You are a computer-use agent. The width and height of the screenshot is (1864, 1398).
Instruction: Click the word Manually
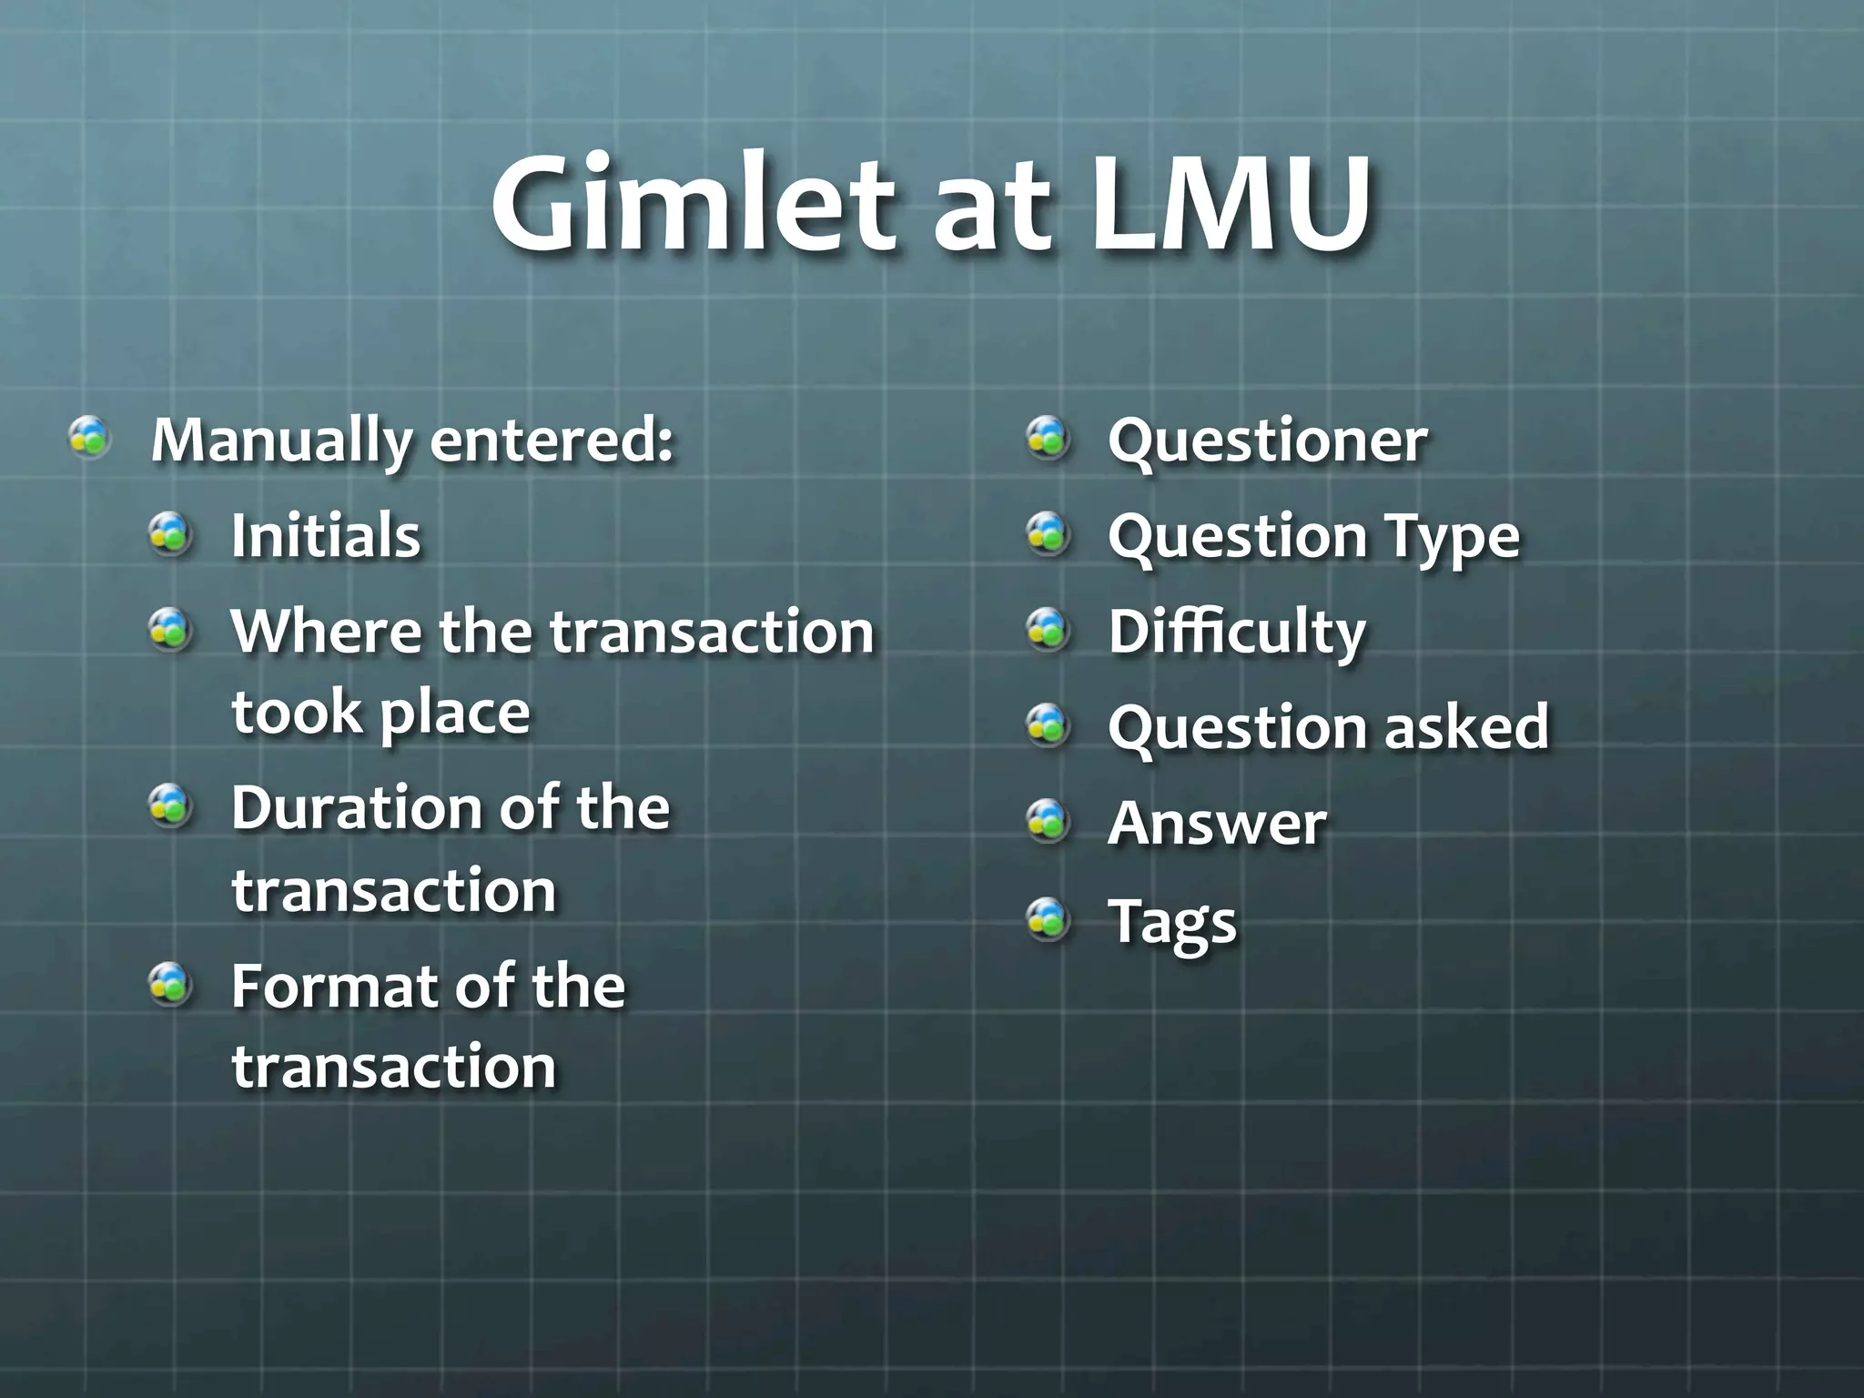point(282,441)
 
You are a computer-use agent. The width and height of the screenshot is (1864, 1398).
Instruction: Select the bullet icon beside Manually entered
point(90,438)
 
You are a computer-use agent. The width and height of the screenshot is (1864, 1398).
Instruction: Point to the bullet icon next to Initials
point(170,533)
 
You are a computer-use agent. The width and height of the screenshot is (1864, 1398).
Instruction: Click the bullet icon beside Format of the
point(170,986)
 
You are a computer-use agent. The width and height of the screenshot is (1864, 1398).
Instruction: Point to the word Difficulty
point(1237,632)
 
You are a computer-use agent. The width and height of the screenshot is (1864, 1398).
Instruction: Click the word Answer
point(1217,824)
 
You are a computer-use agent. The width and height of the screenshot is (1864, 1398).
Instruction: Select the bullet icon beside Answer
point(1048,822)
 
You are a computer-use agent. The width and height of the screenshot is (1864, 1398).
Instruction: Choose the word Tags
point(1172,923)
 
